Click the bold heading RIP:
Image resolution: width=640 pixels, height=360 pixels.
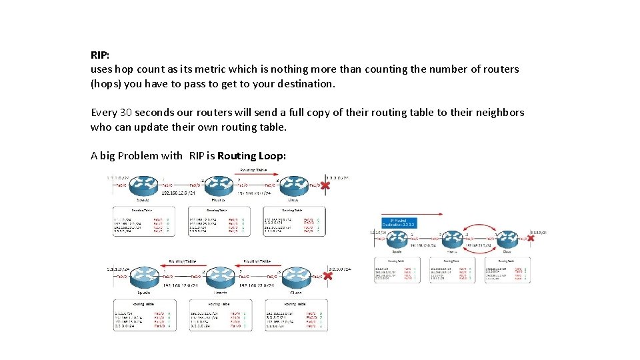pos(100,54)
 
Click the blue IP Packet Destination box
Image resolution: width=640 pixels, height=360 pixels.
pos(399,223)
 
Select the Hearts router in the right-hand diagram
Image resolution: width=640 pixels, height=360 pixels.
pos(452,239)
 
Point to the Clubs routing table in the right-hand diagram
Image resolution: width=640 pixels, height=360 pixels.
pos(507,270)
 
